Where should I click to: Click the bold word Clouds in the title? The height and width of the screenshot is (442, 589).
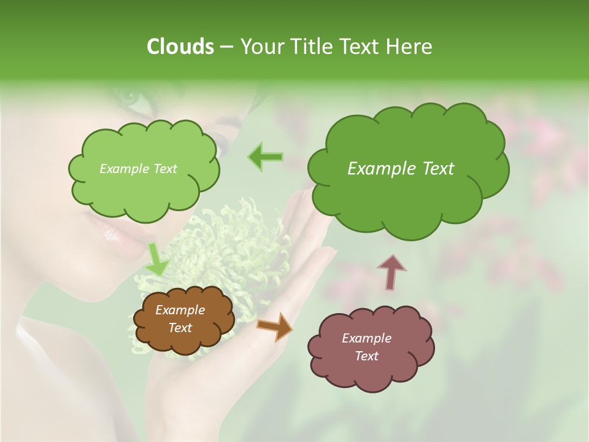pos(180,47)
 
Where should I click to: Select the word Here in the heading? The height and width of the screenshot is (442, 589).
pos(410,47)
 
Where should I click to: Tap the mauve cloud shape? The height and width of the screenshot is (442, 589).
pos(368,368)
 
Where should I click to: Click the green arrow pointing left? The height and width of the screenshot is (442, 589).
pos(265,157)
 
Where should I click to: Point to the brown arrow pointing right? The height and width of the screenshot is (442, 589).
pos(275,326)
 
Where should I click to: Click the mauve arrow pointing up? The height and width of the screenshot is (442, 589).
pos(391,271)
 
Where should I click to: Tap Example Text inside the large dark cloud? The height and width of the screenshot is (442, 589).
pos(401,169)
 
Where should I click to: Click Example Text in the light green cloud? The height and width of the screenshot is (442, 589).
pos(138,169)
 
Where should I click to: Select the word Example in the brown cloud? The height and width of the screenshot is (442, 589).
pos(180,310)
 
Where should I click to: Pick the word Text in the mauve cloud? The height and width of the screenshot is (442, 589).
pos(366,356)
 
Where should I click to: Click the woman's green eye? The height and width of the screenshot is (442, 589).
pos(130,97)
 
